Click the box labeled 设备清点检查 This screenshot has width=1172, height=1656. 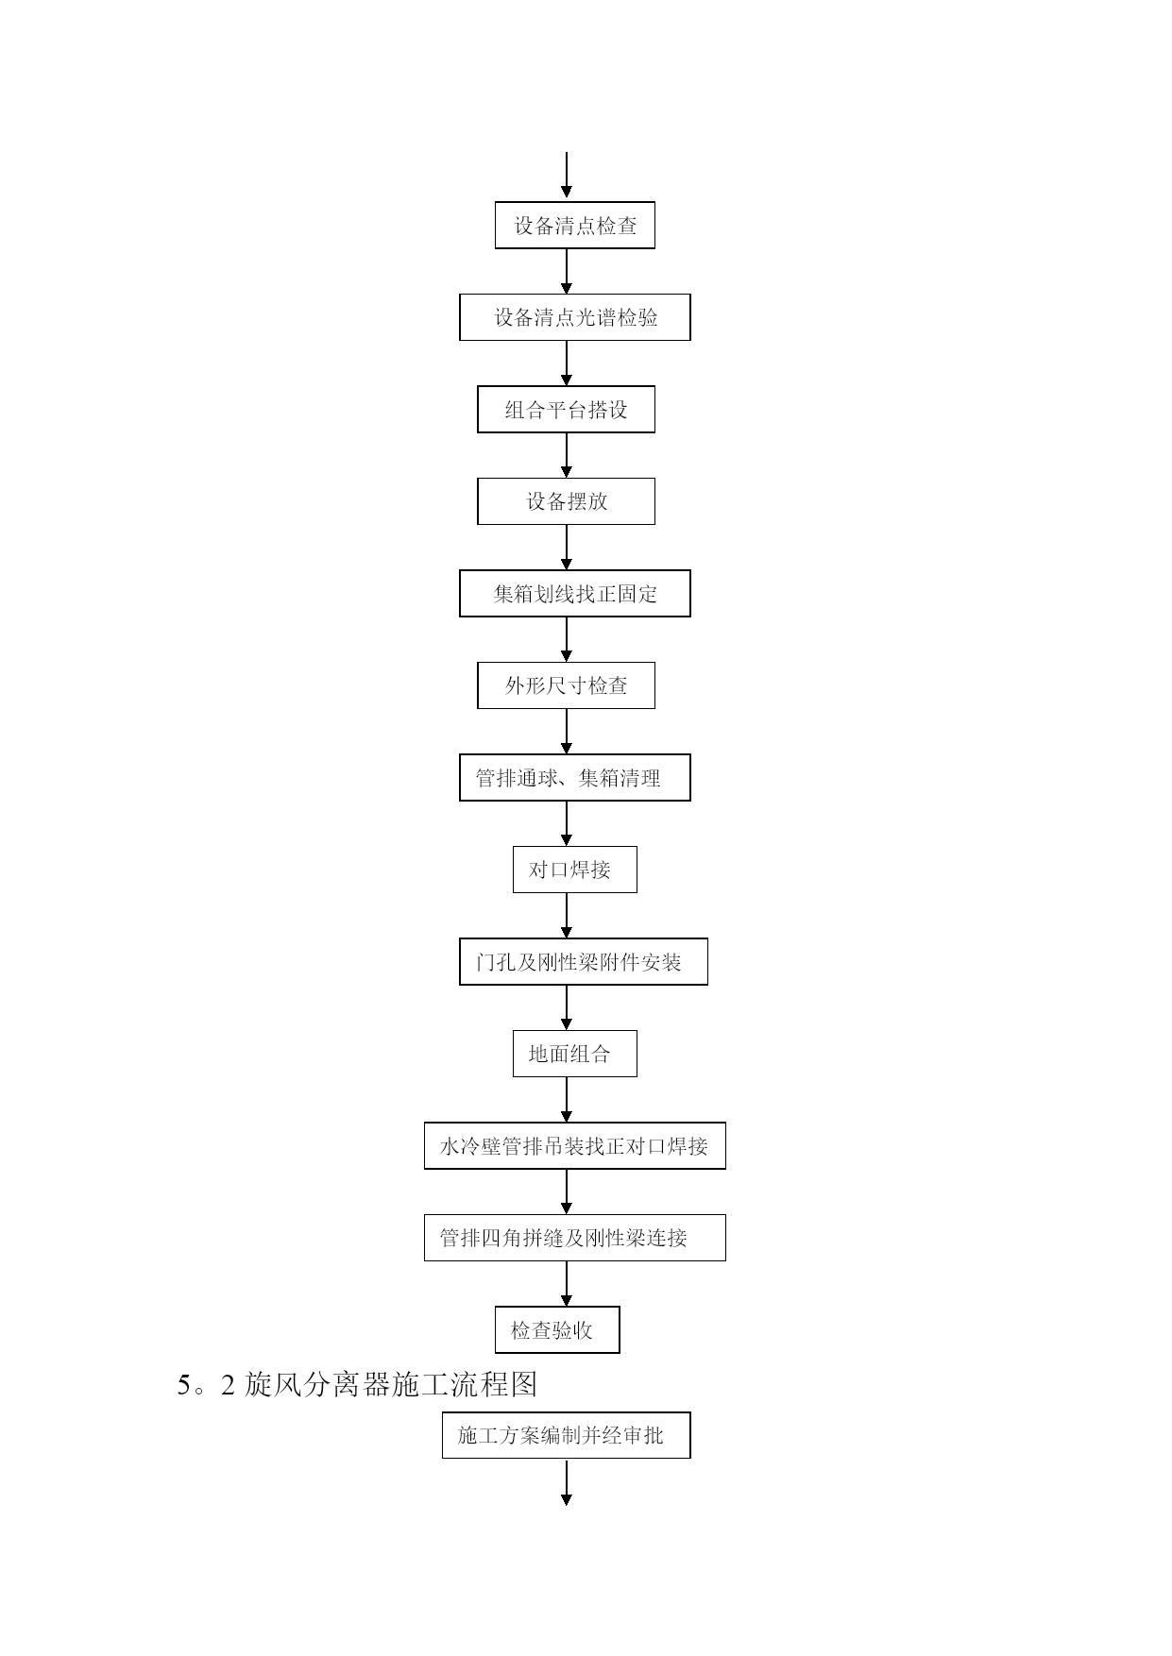coord(574,226)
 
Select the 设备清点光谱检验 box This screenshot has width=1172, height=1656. coord(574,317)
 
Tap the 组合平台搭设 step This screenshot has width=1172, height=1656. coord(566,410)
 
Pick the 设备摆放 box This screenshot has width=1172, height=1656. coord(566,501)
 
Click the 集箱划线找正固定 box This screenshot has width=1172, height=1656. coord(574,594)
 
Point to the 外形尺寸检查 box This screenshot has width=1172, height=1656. coord(566,685)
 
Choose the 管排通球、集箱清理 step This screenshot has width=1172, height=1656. coord(574,778)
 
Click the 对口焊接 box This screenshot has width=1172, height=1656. coord(574,870)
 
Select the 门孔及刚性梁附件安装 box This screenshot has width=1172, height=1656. coord(583,962)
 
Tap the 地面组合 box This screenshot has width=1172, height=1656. coord(574,1054)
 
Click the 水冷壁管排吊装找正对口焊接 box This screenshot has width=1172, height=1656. coord(574,1146)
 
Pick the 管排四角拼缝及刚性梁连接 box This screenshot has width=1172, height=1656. coord(574,1238)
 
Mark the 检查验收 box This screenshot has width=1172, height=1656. coord(557,1330)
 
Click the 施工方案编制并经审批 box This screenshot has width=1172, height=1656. coord(566,1435)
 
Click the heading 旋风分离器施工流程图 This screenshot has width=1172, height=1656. coord(391,1384)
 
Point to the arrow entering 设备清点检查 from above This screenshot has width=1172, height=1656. coord(567,176)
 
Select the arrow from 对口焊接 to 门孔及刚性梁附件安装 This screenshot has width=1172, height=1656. coord(567,915)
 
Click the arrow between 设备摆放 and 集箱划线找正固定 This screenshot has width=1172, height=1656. coord(567,547)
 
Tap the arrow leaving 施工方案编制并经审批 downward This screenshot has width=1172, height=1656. coord(567,1482)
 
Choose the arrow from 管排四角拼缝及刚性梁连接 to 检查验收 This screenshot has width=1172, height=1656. coord(567,1283)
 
